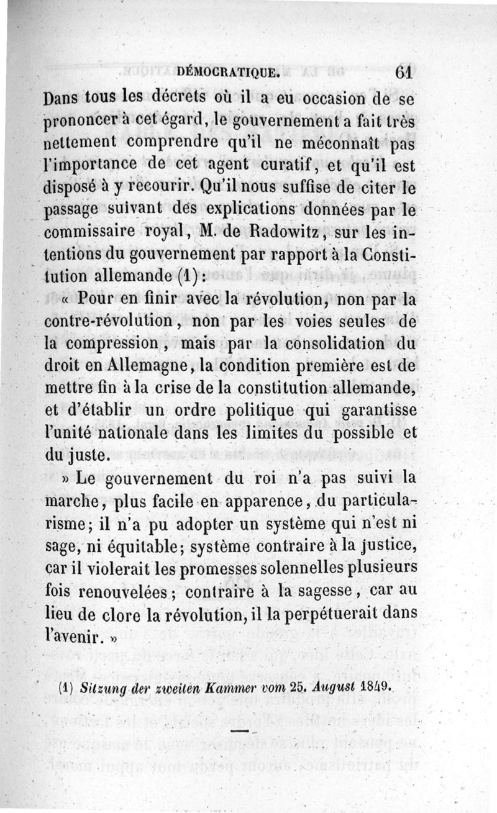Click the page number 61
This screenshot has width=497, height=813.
(403, 72)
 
